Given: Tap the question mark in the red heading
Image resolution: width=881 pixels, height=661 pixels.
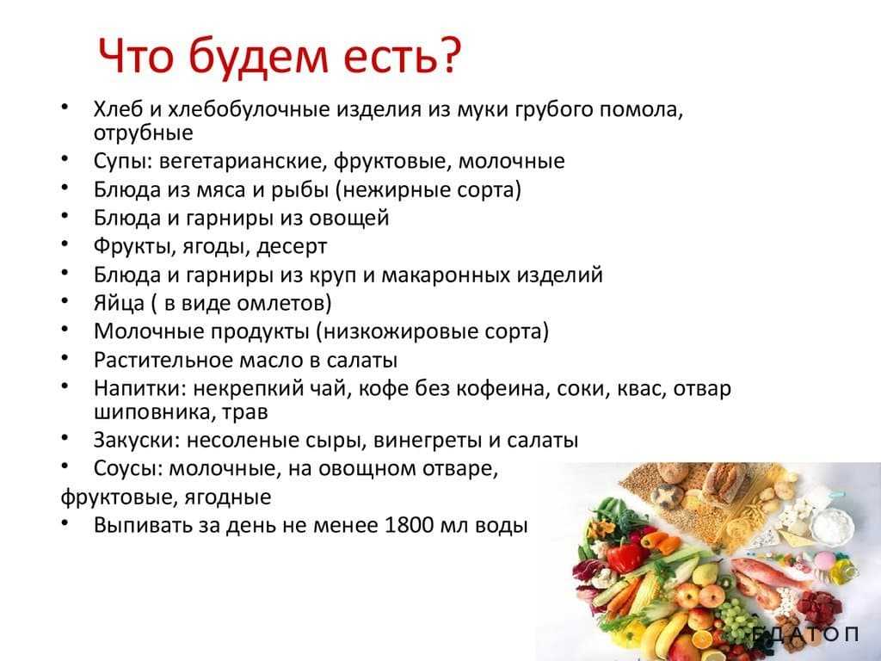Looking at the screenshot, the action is [x=449, y=56].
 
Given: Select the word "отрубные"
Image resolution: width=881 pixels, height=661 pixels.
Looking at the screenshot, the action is [x=144, y=133].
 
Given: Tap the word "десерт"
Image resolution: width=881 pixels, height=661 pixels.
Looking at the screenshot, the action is [x=292, y=247].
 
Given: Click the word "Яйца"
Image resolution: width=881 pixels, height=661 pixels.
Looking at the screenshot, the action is [x=119, y=304].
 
